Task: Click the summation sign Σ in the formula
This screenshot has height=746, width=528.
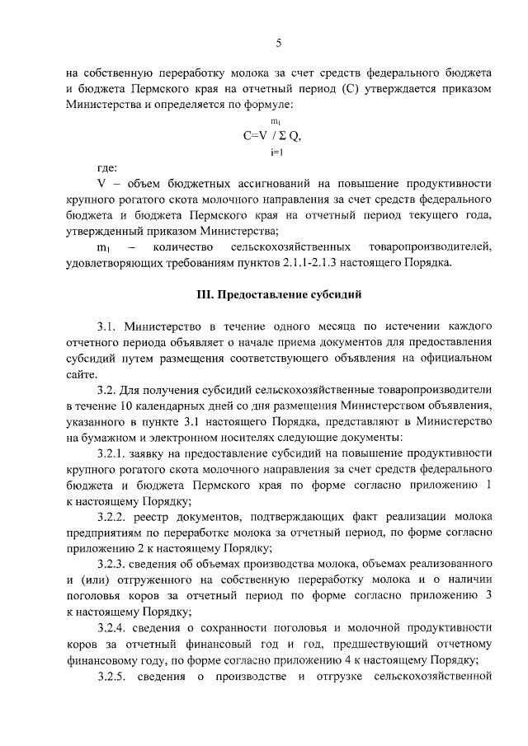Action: click(x=279, y=138)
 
